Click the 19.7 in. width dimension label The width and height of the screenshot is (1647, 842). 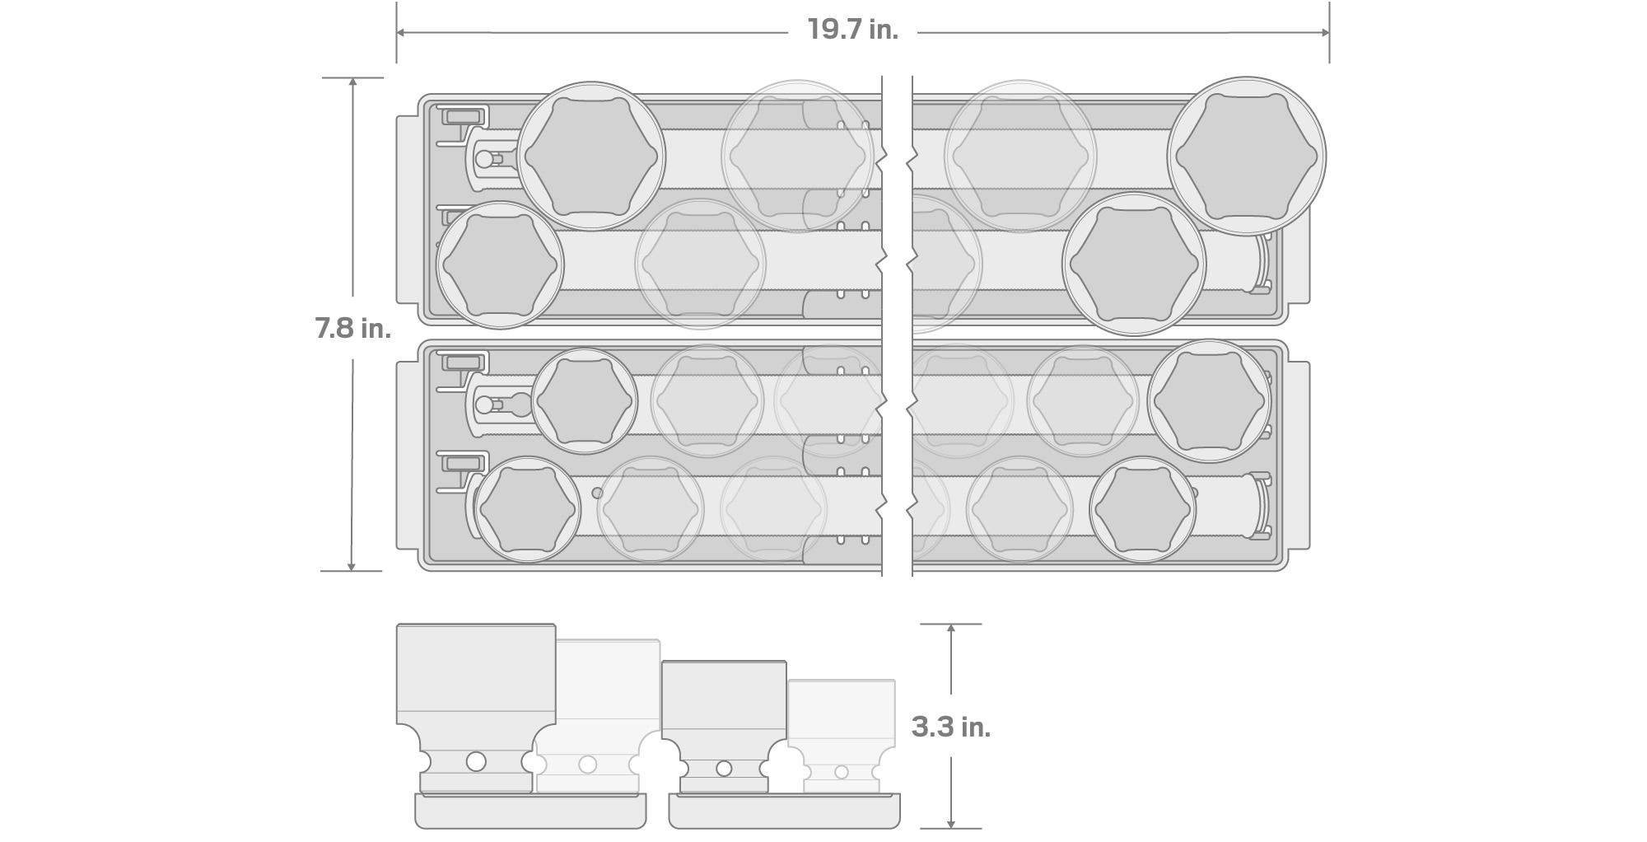[x=852, y=30]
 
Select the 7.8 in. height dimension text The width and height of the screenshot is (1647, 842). [x=352, y=328]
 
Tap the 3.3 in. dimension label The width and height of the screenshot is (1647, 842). [x=951, y=727]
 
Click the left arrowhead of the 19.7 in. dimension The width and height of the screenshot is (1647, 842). [x=401, y=33]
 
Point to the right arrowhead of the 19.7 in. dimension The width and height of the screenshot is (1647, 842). [x=1324, y=33]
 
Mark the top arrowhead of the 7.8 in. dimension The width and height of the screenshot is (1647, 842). [x=352, y=83]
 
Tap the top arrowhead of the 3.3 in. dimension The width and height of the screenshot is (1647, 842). [x=951, y=629]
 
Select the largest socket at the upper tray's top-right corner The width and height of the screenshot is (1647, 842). [x=1247, y=157]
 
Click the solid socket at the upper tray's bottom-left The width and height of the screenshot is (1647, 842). [x=500, y=265]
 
